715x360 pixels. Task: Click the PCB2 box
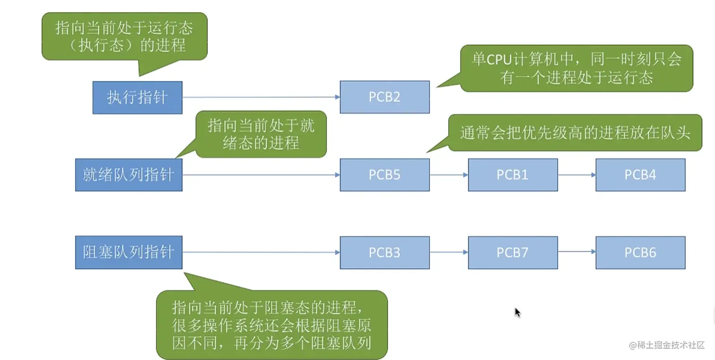(x=384, y=97)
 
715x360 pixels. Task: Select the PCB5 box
(x=384, y=175)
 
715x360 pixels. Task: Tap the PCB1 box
(x=513, y=175)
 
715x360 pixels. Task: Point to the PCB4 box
(x=640, y=175)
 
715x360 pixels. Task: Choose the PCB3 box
(x=384, y=253)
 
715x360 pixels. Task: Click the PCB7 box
(x=513, y=253)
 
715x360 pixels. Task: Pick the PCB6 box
(x=640, y=253)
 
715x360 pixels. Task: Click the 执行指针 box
(x=137, y=97)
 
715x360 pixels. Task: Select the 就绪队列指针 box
(x=129, y=175)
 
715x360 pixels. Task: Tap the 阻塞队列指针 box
(x=129, y=253)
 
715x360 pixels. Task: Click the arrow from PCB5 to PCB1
(x=449, y=175)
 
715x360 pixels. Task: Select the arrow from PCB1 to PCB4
(x=576, y=175)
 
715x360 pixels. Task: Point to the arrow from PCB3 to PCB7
(x=449, y=252)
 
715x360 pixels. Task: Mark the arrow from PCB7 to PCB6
(x=576, y=252)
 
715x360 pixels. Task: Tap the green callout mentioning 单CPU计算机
(x=576, y=68)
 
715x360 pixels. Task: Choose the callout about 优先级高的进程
(x=575, y=133)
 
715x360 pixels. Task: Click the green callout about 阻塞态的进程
(x=271, y=325)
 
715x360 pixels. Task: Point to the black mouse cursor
(x=517, y=312)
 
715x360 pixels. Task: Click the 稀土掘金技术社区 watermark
(x=667, y=345)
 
